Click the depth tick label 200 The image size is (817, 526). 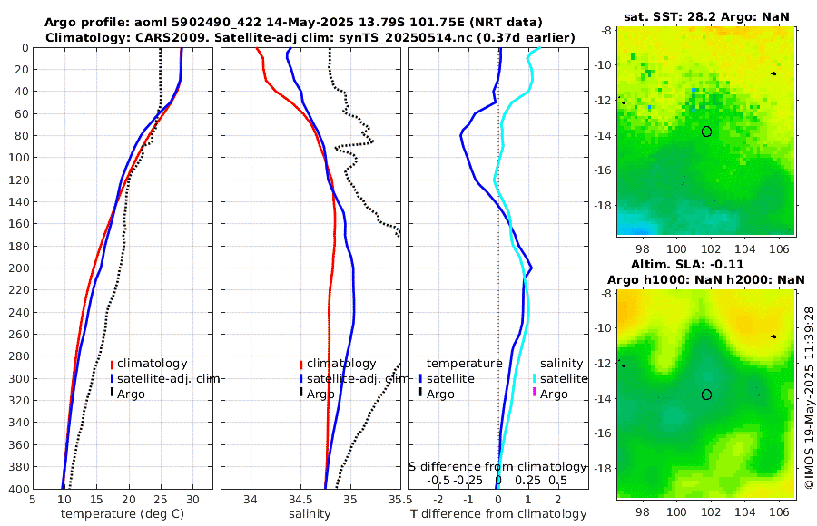pos(16,268)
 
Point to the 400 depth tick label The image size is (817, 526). pos(16,489)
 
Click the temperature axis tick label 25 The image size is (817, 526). pos(161,499)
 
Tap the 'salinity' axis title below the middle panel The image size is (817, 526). pos(310,514)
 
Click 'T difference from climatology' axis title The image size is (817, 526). pos(498,514)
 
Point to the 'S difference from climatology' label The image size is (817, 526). pos(497,465)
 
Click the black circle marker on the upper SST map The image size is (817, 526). pos(706,131)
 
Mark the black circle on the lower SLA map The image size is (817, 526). pos(706,394)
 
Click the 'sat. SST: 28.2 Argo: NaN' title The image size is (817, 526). pos(705,17)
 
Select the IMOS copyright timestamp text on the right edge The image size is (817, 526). pos(809,396)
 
